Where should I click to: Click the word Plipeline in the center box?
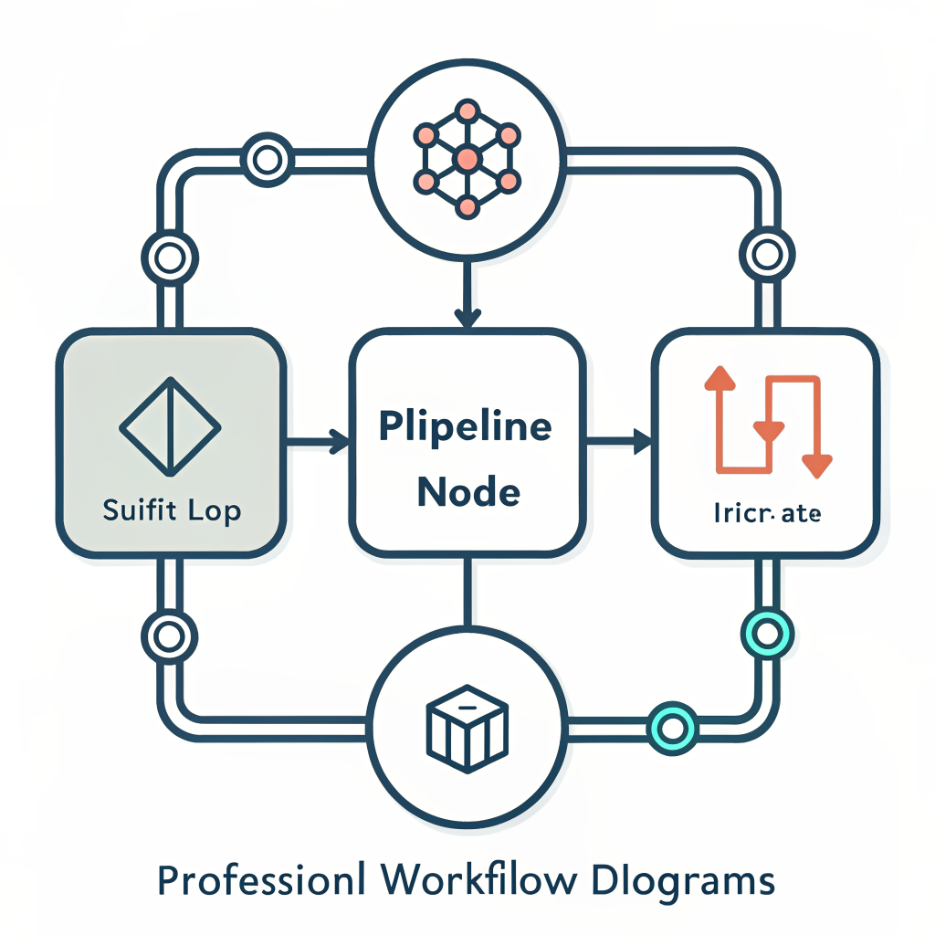pos(466,427)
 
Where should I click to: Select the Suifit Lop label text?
pos(172,510)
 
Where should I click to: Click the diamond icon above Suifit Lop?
pos(170,426)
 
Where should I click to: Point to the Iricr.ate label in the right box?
pos(767,514)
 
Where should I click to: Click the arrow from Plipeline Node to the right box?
pos(618,444)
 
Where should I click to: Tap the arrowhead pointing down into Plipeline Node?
pos(467,317)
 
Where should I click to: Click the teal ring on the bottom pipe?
pos(671,728)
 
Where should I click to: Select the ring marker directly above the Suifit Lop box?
pos(170,257)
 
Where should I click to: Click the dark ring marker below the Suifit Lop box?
pos(170,631)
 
